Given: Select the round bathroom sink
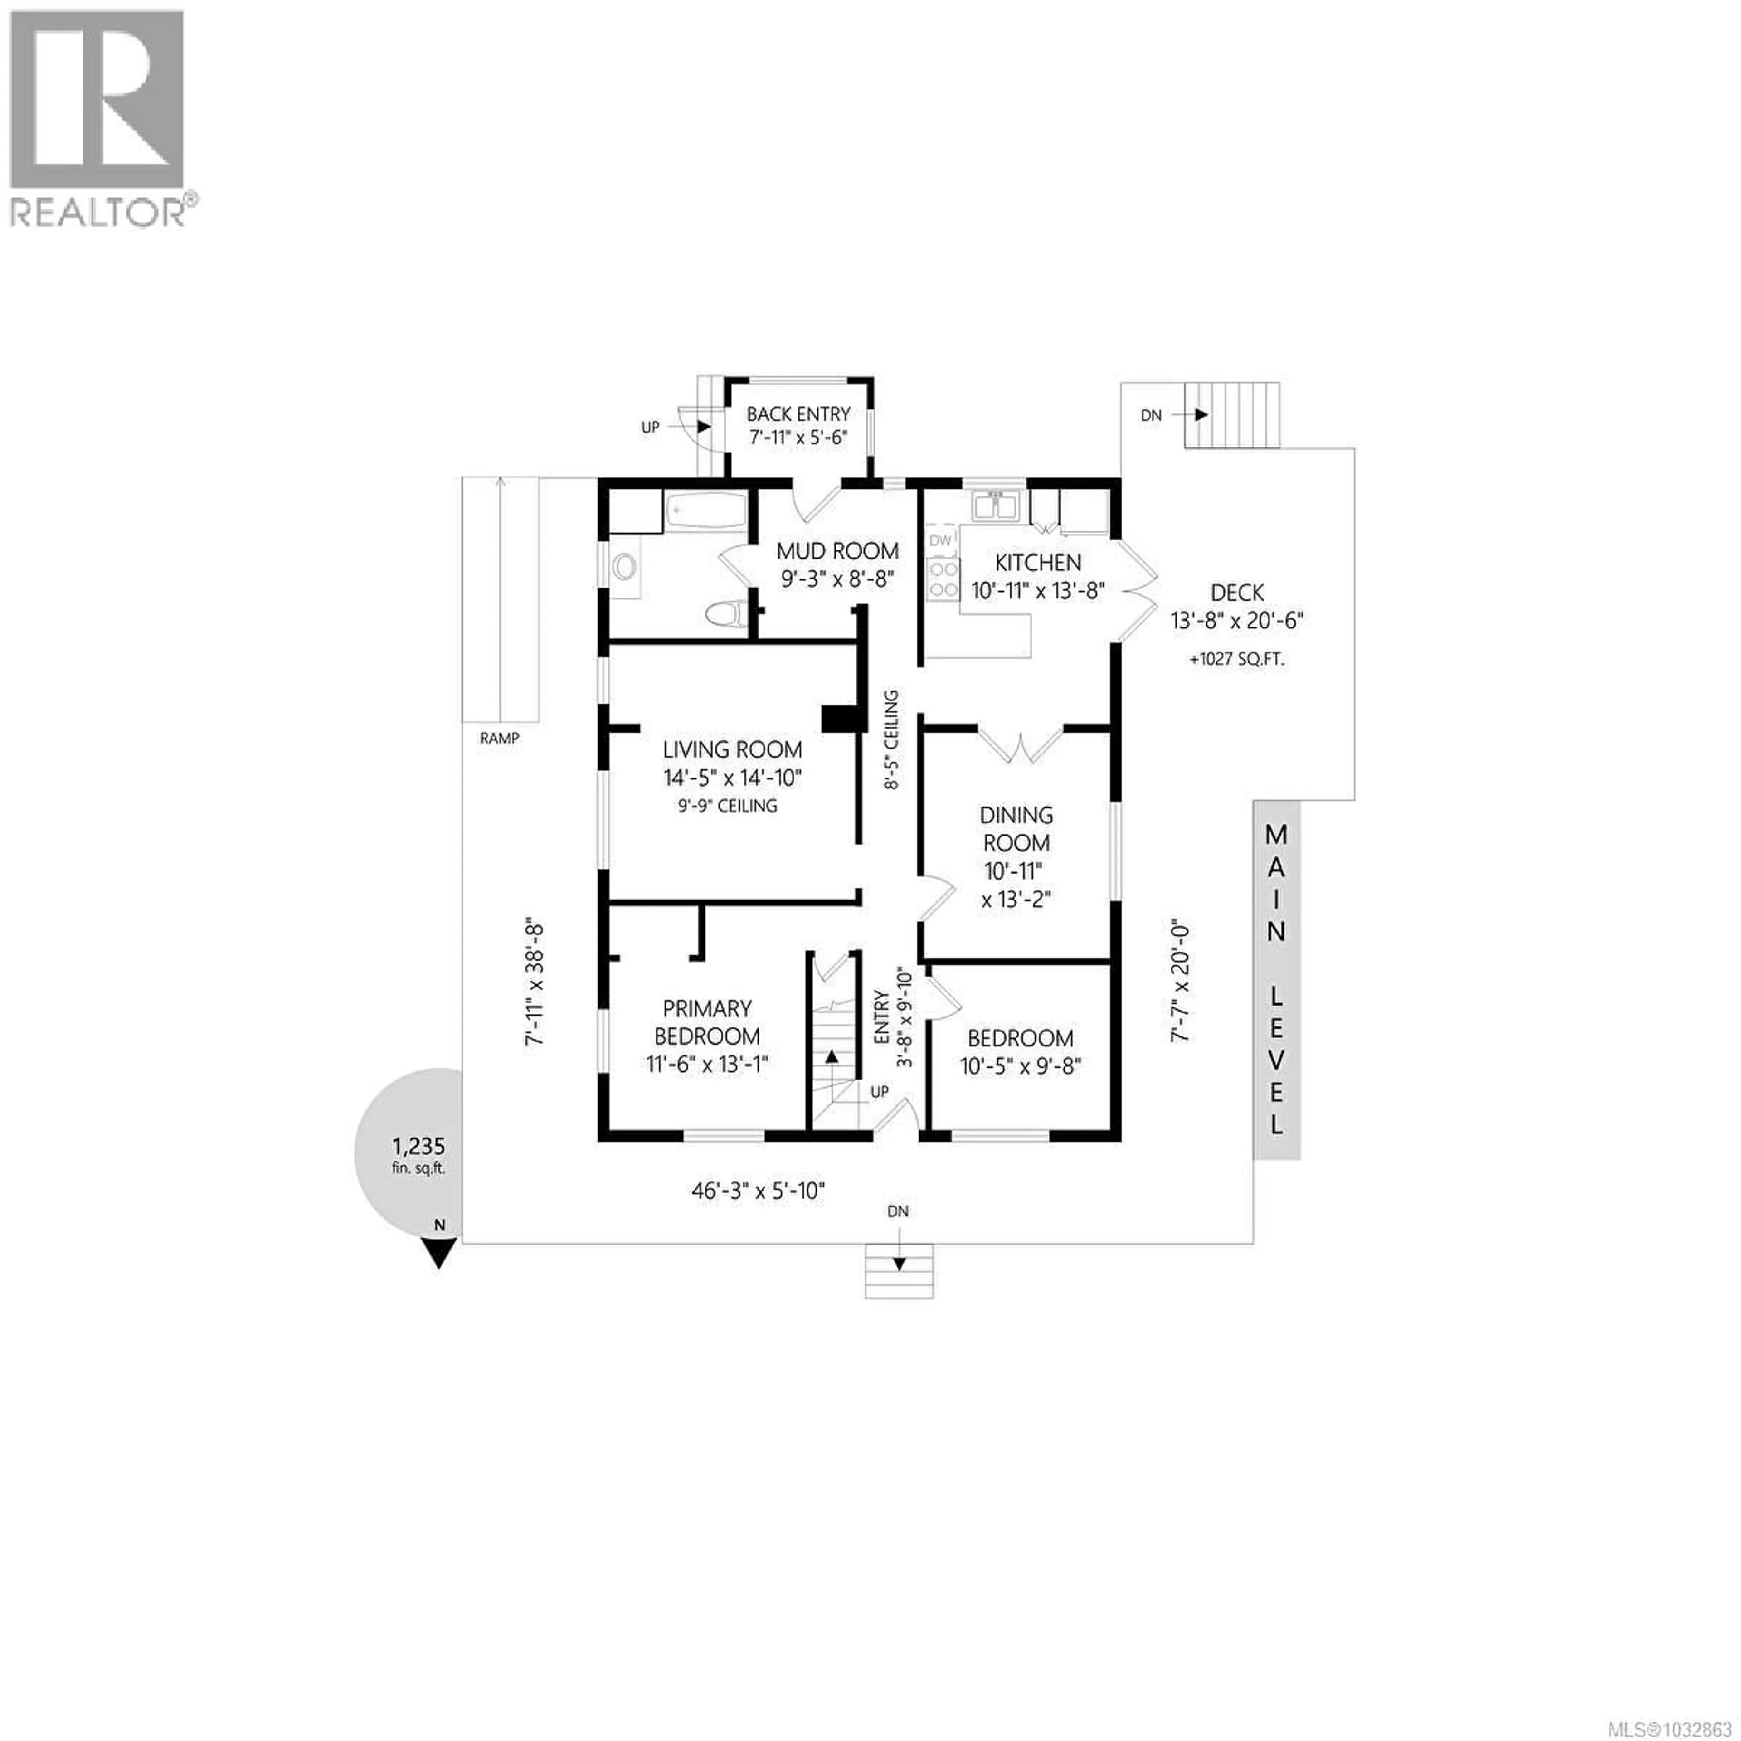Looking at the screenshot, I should pos(623,568).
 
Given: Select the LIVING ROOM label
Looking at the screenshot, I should pos(732,749).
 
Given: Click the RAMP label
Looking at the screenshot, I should pos(499,738).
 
